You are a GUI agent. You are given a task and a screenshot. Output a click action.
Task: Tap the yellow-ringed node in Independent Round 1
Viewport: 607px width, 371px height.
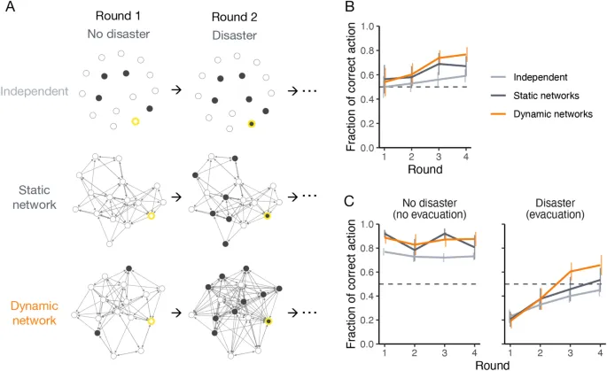click(x=135, y=121)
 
